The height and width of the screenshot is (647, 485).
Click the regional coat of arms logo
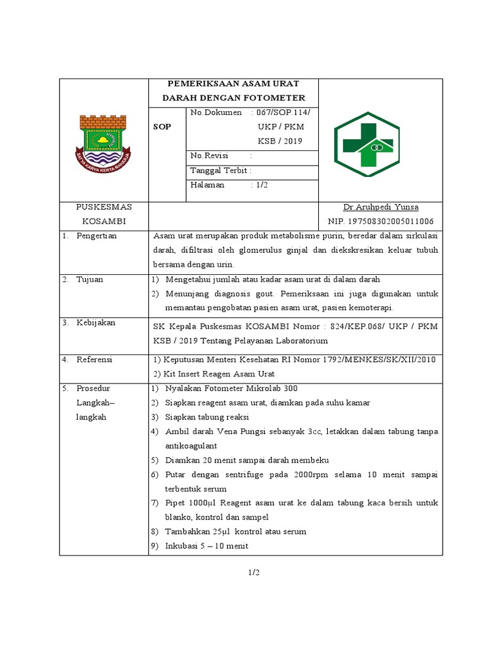tap(104, 140)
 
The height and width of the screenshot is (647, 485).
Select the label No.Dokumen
tap(216, 112)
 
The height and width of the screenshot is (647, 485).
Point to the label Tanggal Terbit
tap(221, 171)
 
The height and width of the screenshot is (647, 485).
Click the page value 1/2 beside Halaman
tap(262, 184)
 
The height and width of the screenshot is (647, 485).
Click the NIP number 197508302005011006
tap(380, 221)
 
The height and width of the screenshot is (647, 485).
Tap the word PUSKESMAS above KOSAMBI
tap(104, 207)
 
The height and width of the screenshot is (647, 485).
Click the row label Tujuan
tap(90, 279)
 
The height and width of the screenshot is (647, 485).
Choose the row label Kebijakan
tap(96, 323)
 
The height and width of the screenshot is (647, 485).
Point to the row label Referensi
tap(94, 360)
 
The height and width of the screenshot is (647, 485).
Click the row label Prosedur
tap(93, 388)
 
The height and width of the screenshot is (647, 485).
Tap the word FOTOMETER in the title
tap(276, 98)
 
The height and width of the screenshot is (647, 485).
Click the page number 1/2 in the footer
tap(253, 573)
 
